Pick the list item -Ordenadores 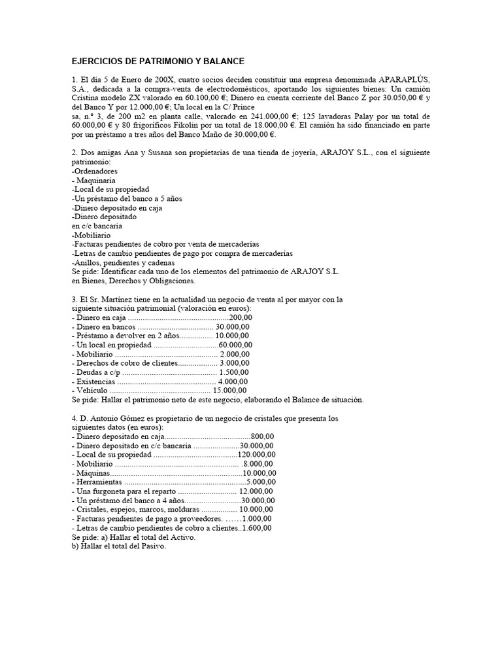point(95,171)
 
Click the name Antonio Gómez point(114,417)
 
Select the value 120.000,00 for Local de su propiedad point(256,454)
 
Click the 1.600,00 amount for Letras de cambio point(257,527)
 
